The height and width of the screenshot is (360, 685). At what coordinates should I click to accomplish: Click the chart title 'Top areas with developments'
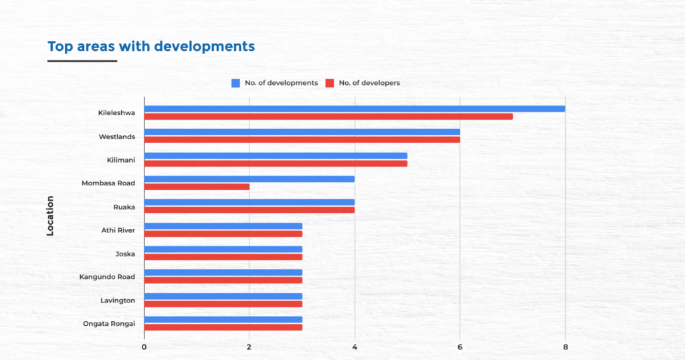[151, 46]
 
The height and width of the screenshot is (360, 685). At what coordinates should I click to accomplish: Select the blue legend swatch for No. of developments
[235, 83]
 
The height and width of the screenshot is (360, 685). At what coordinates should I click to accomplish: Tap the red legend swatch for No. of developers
[329, 83]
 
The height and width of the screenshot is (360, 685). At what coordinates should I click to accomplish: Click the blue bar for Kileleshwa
[355, 109]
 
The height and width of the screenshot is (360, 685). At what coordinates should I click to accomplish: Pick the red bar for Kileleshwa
[328, 116]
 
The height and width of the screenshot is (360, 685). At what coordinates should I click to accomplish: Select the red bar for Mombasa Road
[197, 187]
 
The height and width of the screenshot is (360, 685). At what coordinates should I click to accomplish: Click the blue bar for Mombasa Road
[249, 179]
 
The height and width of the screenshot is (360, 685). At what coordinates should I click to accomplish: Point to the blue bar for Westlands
[302, 132]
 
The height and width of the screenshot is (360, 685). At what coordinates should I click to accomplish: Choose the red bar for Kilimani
[276, 163]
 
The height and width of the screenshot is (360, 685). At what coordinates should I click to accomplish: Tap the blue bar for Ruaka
[249, 202]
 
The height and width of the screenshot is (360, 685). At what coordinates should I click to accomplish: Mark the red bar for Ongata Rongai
[223, 327]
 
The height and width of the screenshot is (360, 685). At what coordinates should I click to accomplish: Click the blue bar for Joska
[223, 249]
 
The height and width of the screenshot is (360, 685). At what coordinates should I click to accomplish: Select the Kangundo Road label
[108, 277]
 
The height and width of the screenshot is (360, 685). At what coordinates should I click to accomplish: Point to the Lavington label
[118, 300]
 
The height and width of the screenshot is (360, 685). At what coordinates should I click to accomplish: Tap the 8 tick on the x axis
[565, 347]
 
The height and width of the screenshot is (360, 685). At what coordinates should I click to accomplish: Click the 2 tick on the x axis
[249, 347]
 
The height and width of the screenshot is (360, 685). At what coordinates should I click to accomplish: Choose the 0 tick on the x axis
[144, 347]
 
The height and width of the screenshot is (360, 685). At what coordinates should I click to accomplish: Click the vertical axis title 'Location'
[50, 215]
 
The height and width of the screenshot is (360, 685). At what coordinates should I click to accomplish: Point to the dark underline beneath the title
[82, 61]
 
